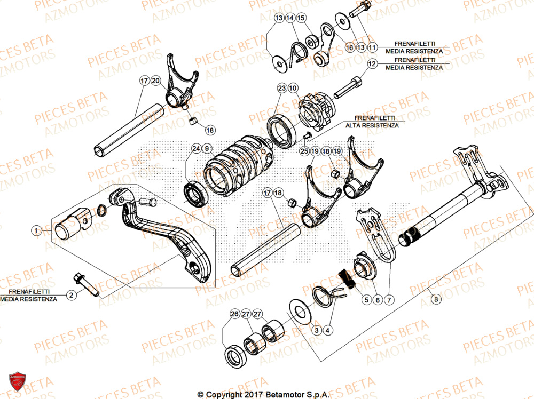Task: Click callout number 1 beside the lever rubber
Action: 36,231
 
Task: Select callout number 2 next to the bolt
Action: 70,294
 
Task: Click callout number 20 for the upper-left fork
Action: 155,81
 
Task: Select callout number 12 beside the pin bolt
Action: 372,63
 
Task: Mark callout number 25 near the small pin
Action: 304,152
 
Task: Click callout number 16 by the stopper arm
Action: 349,47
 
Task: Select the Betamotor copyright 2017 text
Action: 263,394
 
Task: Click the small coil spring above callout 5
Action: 346,280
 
